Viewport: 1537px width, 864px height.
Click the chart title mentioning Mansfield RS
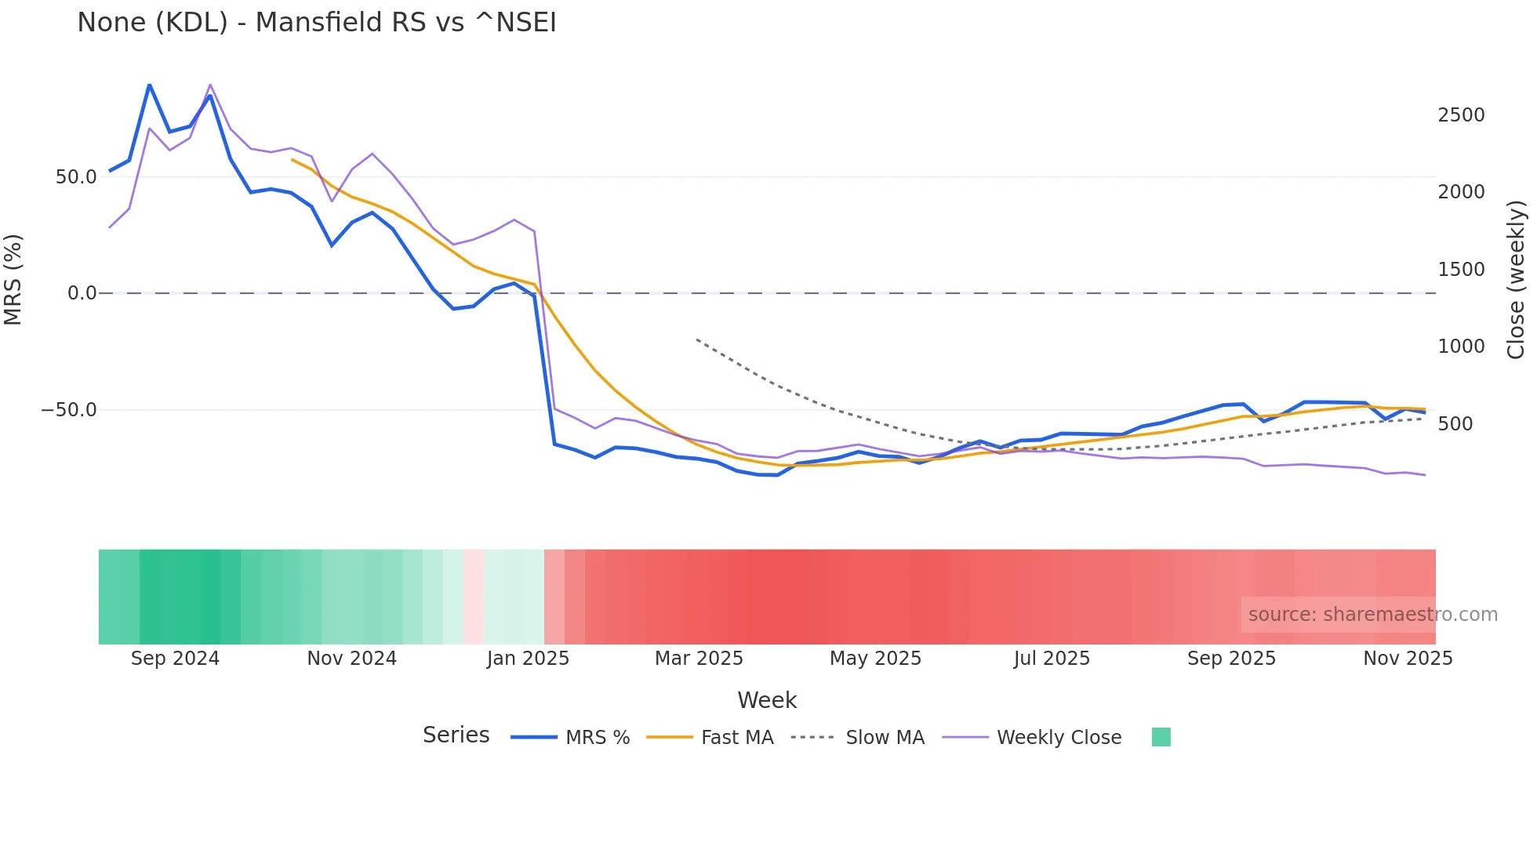[x=317, y=23]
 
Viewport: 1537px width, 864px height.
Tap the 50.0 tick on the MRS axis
[x=76, y=177]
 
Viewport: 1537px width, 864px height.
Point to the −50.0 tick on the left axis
[x=69, y=410]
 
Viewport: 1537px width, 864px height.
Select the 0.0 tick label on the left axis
[x=82, y=293]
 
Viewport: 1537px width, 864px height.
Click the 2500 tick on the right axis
[x=1461, y=115]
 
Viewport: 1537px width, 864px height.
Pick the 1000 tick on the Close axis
[x=1461, y=347]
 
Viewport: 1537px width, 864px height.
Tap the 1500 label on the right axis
[x=1461, y=270]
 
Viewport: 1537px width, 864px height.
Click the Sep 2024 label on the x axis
[x=175, y=659]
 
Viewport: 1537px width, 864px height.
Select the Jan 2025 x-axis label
[x=528, y=659]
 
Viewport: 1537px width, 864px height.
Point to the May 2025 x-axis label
[x=875, y=659]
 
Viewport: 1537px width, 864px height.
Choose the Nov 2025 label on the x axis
[x=1408, y=659]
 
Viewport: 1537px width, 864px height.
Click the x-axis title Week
[x=767, y=700]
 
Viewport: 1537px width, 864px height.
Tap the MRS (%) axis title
[x=13, y=280]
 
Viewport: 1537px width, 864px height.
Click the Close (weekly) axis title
[x=1516, y=280]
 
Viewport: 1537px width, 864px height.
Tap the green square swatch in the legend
[x=1161, y=737]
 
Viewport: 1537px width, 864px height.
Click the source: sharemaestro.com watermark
[x=1372, y=615]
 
